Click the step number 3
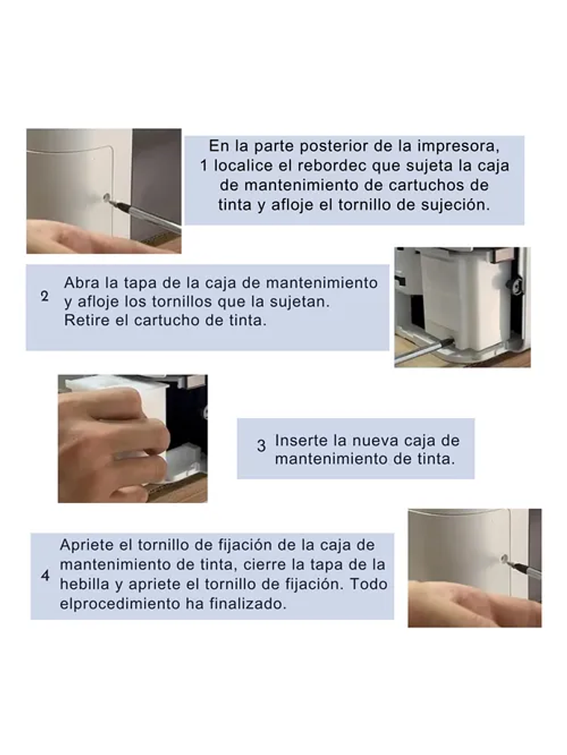(261, 446)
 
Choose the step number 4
(45, 576)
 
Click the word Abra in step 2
(80, 283)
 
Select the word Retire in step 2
(85, 322)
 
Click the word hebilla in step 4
(84, 584)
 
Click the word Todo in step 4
(370, 584)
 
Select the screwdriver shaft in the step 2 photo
(421, 350)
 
